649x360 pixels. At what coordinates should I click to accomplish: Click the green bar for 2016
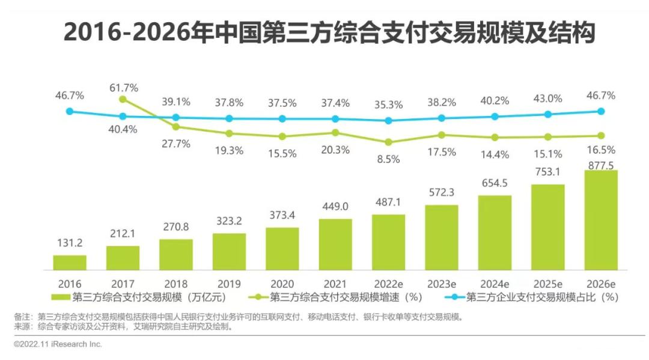(70, 262)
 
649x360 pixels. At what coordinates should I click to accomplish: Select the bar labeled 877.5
(600, 219)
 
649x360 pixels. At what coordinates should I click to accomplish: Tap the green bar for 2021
(335, 244)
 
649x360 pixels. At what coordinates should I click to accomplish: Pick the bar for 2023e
(441, 237)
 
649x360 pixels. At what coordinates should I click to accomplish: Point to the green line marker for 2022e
(388, 142)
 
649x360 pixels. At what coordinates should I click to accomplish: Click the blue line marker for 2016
(70, 111)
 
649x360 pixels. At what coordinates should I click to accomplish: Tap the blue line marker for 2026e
(600, 111)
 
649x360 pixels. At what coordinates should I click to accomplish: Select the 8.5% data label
(388, 159)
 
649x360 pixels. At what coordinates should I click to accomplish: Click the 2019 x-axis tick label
(229, 283)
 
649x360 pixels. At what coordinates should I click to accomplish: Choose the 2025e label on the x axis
(547, 283)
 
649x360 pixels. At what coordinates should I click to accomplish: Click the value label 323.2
(229, 221)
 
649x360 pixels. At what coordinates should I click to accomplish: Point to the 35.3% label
(388, 105)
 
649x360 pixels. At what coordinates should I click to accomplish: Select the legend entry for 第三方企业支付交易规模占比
(532, 296)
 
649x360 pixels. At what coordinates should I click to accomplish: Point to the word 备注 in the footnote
(23, 317)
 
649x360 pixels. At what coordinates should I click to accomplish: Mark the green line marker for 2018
(176, 127)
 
